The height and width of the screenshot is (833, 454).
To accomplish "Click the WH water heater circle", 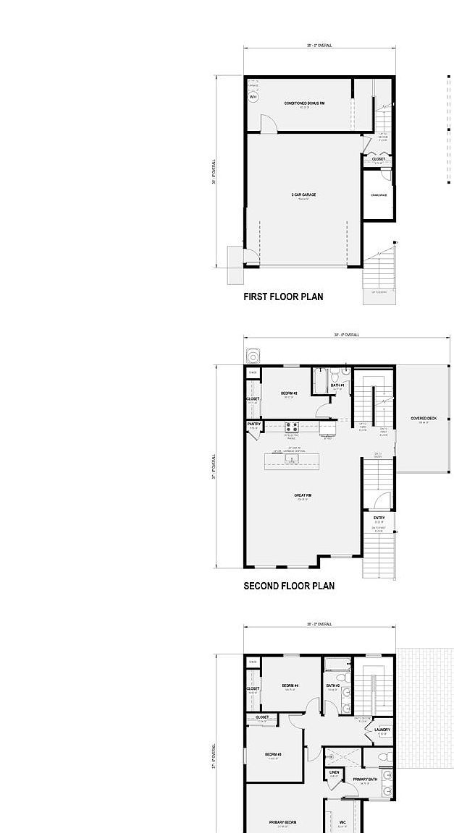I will coord(253,97).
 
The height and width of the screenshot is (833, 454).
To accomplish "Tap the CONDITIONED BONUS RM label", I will coord(304,103).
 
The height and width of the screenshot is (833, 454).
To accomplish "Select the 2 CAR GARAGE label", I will coord(303,195).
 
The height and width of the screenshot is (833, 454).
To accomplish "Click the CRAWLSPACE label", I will coord(379,195).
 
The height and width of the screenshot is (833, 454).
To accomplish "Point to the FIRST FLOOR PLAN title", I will coord(283,296).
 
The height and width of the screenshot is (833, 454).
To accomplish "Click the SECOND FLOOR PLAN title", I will coord(289,586).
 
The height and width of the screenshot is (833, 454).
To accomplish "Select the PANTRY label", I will coord(253,424).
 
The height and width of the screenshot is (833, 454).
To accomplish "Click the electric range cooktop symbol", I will coord(292,427).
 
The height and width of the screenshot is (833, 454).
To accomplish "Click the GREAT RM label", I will coord(303,496).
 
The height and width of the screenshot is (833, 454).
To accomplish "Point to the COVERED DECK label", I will coord(424,419).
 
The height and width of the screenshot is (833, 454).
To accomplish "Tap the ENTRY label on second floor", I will coord(379,518).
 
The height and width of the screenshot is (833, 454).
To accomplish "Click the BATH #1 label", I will coord(337,385).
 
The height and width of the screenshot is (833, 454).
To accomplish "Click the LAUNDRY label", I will coord(382,730).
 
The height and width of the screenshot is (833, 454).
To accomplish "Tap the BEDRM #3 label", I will coord(273,754).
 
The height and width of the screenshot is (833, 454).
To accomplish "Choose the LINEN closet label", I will coord(334,772).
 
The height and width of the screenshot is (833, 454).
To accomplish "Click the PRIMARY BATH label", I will coord(365,779).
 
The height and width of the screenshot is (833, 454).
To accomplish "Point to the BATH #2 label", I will coord(333,685).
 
